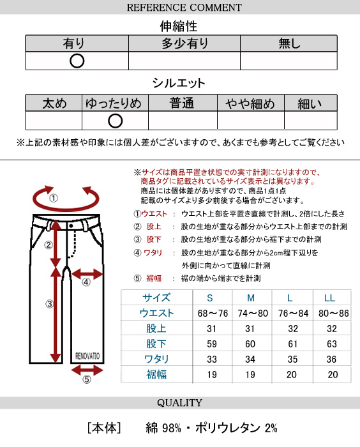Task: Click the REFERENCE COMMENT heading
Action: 184,8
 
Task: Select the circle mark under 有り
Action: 77,61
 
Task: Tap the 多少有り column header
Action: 184,43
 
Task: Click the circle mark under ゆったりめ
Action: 115,121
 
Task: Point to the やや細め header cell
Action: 251,103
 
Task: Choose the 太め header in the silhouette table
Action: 54,103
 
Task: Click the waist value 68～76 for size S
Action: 213,314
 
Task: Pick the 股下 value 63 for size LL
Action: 332,344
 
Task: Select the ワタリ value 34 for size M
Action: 250,359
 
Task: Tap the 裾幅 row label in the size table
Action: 156,374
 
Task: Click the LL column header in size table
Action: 329,298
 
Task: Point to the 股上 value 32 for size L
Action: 293,328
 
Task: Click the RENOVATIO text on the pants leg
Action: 87,356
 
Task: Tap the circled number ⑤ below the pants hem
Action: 87,379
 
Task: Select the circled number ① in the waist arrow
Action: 54,198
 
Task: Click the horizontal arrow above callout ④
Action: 87,275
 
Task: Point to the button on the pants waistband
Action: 71,226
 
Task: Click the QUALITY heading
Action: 179,403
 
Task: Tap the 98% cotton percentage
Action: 172,428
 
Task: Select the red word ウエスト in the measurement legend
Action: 154,214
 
